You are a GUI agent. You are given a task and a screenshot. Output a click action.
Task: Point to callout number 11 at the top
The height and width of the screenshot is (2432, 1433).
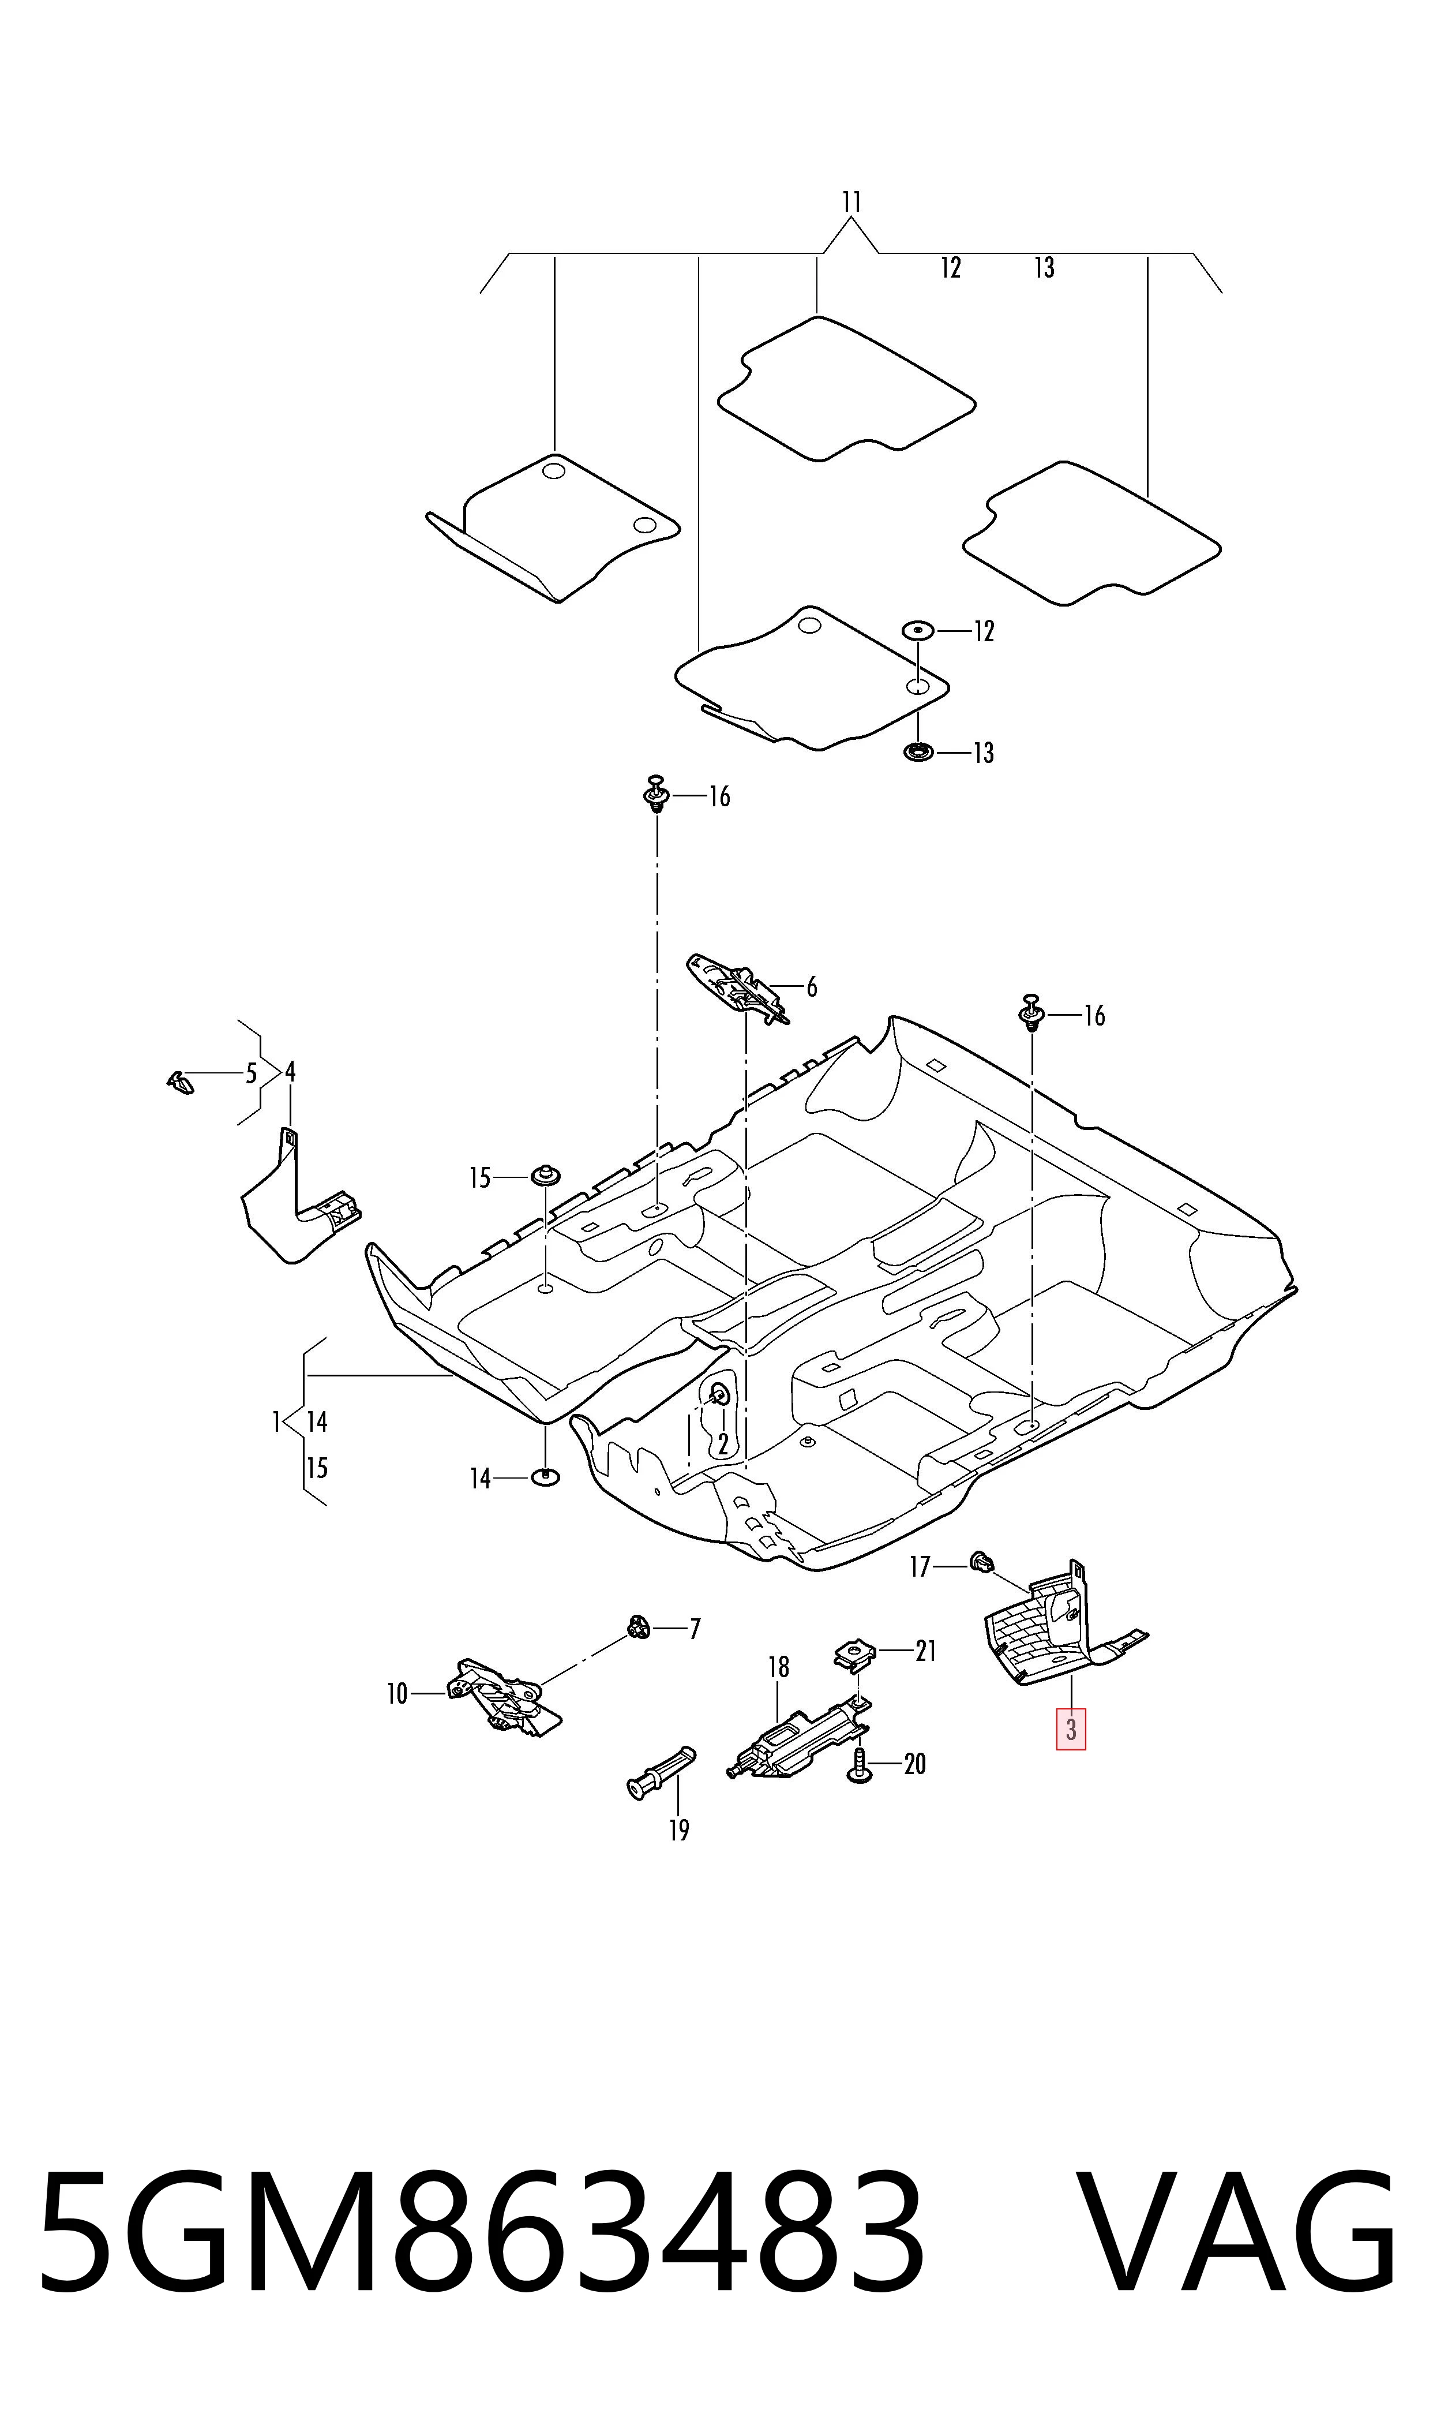[851, 202]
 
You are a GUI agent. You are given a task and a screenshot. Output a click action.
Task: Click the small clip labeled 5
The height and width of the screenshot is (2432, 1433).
[179, 1082]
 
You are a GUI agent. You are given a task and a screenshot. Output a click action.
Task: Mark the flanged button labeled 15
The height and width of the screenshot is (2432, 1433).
[546, 1176]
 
